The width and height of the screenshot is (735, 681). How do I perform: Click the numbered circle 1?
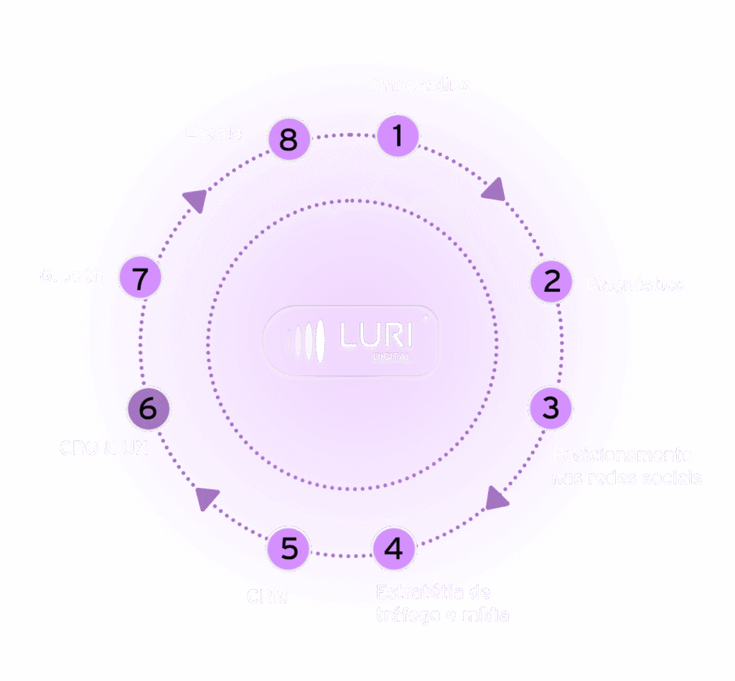398,136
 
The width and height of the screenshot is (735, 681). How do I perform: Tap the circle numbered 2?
551,281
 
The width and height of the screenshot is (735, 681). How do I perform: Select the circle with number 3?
550,408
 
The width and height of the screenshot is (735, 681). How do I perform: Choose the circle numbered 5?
288,550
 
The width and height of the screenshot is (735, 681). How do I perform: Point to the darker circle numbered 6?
148,409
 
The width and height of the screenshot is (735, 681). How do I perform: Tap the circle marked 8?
289,138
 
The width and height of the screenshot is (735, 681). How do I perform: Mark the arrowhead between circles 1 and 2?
493,189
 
